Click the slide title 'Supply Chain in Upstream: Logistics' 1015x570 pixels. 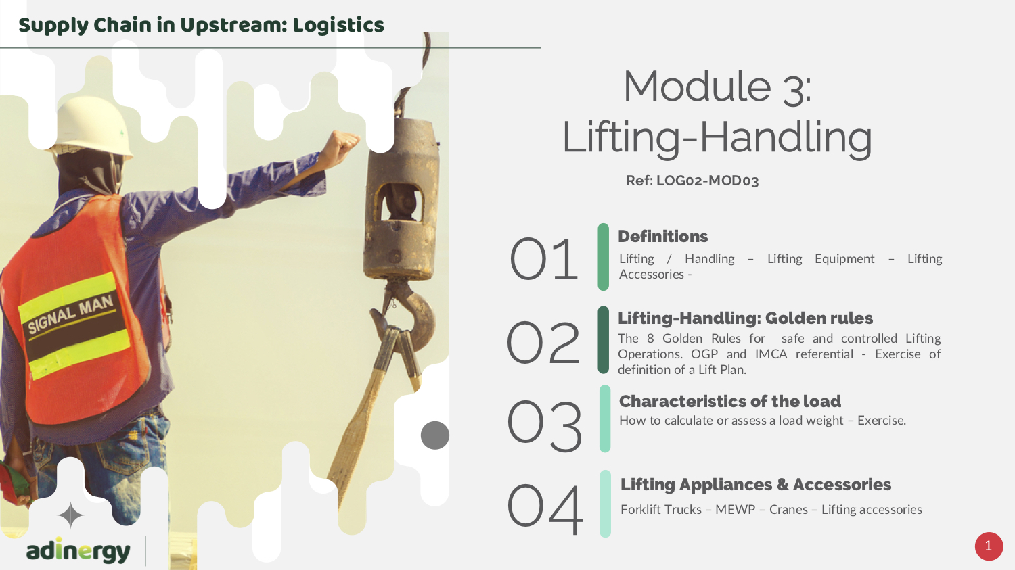[x=201, y=25]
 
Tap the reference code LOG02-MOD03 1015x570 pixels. [x=707, y=181]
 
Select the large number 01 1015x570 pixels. [x=543, y=259]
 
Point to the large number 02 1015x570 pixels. [x=543, y=342]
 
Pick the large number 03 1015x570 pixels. [x=544, y=426]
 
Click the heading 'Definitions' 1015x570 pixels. [x=662, y=237]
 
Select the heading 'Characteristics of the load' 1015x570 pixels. [x=730, y=401]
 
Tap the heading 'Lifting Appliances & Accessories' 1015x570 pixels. [x=755, y=484]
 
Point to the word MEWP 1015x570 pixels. [x=735, y=510]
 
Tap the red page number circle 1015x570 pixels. [x=989, y=546]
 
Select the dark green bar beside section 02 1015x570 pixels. [x=603, y=340]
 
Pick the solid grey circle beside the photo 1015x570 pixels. [x=435, y=435]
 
